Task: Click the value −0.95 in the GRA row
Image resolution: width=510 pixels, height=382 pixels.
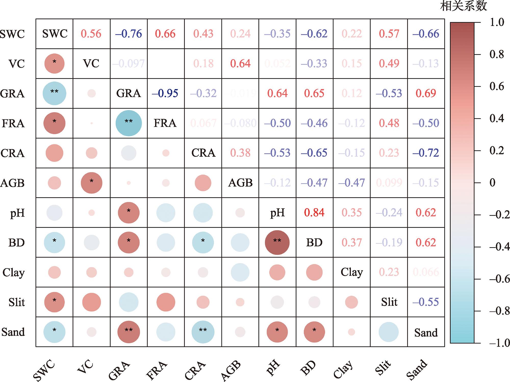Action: pos(165,93)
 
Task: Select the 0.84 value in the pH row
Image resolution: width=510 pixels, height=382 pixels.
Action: pos(314,212)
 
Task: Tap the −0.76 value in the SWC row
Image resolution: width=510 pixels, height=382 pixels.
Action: pos(129,34)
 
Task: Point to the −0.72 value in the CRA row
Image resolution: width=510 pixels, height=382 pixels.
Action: pos(426,153)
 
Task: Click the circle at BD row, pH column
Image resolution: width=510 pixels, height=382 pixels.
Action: pos(277,242)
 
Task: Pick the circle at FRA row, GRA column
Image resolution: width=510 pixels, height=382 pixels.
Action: pos(129,123)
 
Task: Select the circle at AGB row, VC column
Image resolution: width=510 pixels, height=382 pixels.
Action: pos(91,183)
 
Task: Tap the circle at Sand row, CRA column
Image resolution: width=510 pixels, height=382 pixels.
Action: pos(203,332)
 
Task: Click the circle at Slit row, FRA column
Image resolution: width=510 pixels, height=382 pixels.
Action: pos(166,302)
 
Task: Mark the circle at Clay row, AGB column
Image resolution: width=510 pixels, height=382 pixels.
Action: pos(240,272)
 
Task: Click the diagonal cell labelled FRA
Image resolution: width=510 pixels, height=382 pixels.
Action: pos(165,123)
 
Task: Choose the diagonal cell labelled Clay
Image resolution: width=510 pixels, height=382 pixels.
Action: pos(352,272)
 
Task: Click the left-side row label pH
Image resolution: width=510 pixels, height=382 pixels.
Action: pos(17,213)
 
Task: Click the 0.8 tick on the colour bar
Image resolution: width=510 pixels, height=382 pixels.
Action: pos(496,54)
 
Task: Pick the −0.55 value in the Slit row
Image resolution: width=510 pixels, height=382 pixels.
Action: pos(426,302)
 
